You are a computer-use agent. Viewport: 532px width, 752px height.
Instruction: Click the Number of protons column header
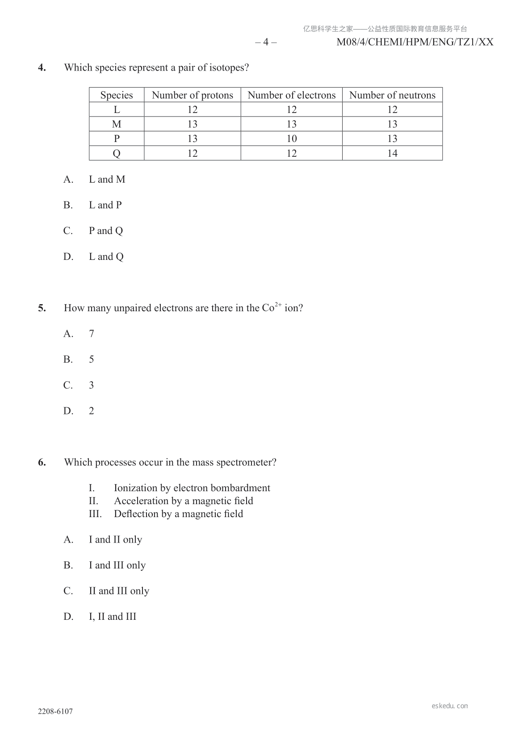click(193, 95)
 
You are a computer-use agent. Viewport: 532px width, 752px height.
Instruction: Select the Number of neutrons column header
click(392, 95)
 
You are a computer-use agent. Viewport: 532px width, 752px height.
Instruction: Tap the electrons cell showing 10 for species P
click(292, 138)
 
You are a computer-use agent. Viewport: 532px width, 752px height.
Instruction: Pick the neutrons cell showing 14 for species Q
click(392, 153)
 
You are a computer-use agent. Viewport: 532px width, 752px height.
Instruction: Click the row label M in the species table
click(117, 124)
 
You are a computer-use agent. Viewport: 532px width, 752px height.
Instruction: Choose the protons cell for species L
click(193, 109)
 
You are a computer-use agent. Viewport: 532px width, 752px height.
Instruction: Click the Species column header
click(117, 95)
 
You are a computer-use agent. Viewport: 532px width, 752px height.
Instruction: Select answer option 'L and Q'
click(106, 257)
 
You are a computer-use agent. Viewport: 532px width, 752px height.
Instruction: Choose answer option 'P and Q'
click(106, 231)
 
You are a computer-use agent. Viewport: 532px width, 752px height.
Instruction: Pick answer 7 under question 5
click(92, 334)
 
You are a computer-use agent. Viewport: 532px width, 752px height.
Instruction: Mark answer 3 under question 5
click(92, 385)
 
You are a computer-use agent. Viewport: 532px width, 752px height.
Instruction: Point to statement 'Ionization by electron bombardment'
click(192, 488)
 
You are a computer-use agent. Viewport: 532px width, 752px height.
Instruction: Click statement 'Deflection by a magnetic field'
click(179, 514)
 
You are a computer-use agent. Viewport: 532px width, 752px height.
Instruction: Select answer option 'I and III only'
click(117, 565)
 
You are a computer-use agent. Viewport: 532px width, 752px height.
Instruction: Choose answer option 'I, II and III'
click(113, 617)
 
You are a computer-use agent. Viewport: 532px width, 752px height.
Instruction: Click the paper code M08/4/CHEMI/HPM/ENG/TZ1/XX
click(415, 42)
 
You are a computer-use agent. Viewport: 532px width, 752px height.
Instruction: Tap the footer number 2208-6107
click(55, 711)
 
